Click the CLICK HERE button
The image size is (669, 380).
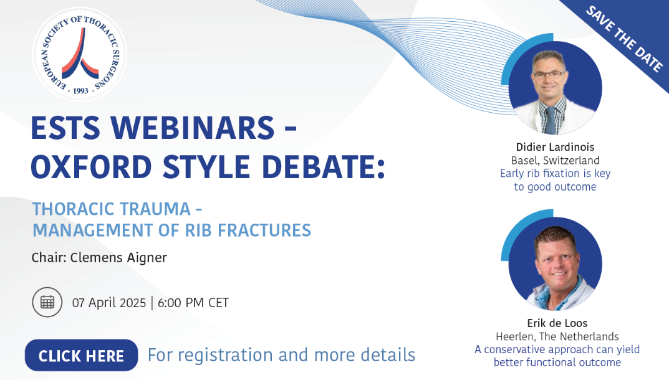tap(82, 355)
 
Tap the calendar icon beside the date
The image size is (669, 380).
tap(47, 302)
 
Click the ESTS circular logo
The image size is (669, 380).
tap(80, 54)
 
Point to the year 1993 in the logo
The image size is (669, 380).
tap(80, 91)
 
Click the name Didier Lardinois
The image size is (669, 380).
tap(555, 147)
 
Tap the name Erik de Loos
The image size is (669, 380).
tap(557, 323)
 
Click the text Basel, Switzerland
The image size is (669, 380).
tap(555, 160)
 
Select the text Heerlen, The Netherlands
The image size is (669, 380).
tap(557, 336)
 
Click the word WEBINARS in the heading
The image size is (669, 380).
tap(193, 128)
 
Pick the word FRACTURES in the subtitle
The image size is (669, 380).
tap(264, 230)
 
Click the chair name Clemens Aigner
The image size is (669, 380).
tap(118, 258)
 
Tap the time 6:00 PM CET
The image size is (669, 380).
tap(193, 303)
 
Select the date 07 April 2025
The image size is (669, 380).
tap(108, 303)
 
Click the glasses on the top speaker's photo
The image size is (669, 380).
tap(549, 74)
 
